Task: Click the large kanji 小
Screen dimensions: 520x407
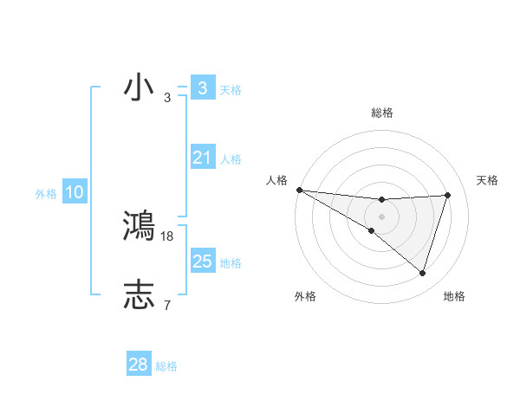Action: [x=139, y=87]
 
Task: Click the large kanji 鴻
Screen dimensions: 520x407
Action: [x=139, y=226]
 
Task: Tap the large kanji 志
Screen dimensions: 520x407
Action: [x=139, y=295]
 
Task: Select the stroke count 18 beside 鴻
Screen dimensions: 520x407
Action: [x=167, y=236]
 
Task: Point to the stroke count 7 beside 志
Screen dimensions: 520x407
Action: [x=167, y=305]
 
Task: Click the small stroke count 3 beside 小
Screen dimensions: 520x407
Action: [x=167, y=98]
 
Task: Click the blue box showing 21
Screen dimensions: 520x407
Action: [x=202, y=158]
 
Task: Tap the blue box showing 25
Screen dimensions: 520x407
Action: [x=202, y=262]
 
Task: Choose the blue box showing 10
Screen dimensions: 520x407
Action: [x=75, y=192]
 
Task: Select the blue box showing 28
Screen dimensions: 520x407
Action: [x=138, y=365]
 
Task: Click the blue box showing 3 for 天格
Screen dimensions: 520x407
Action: [x=202, y=88]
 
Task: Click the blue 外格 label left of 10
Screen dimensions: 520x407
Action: [x=46, y=194]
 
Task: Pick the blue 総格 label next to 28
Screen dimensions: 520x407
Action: [x=166, y=366]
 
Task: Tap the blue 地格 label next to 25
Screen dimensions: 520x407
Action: [x=231, y=263]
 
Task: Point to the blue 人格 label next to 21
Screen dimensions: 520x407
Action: [x=231, y=159]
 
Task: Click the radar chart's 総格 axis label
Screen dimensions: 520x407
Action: [x=381, y=113]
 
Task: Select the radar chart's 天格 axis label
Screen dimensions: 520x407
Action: [x=488, y=180]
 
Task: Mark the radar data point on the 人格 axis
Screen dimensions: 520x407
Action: [x=299, y=190]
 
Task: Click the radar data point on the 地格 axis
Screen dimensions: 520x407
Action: [x=422, y=273]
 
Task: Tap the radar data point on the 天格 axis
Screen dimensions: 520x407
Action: [x=447, y=195]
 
